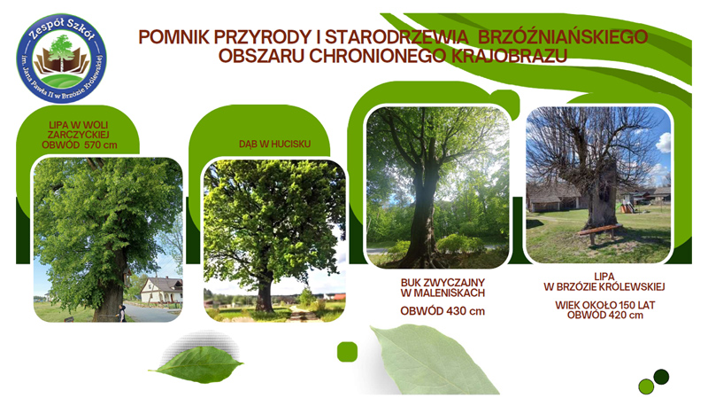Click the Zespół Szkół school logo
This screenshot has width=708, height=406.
pos(61,59)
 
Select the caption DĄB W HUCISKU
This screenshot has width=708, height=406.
pos(274,144)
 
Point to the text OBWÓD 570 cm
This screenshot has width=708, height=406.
pos(80,145)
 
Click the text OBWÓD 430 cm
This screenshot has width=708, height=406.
pos(442,311)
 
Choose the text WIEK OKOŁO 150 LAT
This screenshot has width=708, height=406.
pos(605,305)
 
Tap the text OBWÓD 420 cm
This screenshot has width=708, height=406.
pos(605,315)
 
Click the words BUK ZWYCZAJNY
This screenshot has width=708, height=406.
pos(442,283)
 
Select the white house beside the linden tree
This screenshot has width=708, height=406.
pos(162,290)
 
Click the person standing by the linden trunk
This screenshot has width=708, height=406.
pos(122,313)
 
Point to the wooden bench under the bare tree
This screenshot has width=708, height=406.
pos(600,232)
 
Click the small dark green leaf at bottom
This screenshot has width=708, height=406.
pos(196,363)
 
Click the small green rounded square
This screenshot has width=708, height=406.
pos(347,352)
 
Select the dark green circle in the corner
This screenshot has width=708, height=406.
pos(661,377)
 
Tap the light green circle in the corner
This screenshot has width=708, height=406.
pos(646,386)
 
